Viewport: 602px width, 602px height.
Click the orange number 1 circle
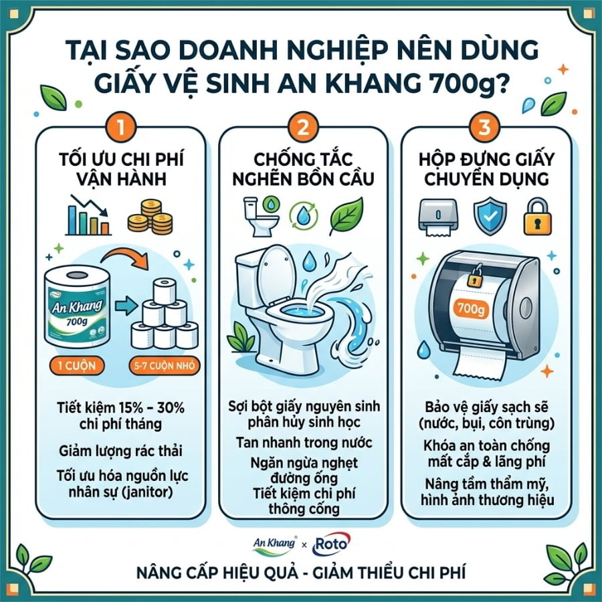(x=120, y=127)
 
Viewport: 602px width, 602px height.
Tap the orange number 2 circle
(x=303, y=127)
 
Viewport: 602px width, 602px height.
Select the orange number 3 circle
(x=484, y=127)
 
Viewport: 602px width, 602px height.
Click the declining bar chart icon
(x=88, y=215)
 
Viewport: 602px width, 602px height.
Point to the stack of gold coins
(x=150, y=217)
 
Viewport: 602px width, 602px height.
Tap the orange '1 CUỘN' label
(x=77, y=365)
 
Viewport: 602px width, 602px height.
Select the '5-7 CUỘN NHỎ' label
(x=165, y=365)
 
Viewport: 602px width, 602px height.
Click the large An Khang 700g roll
(x=78, y=307)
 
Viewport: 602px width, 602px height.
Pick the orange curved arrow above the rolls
(x=126, y=258)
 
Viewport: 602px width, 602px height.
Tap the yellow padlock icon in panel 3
(x=538, y=216)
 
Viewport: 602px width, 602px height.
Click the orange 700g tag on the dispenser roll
(x=471, y=308)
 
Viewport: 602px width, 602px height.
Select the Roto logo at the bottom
(x=331, y=544)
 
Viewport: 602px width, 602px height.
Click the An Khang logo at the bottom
(x=274, y=545)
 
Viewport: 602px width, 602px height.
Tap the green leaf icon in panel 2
(x=346, y=216)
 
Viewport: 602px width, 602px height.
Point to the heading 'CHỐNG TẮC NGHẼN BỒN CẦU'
(x=303, y=169)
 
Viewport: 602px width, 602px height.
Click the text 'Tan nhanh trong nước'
(x=304, y=443)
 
